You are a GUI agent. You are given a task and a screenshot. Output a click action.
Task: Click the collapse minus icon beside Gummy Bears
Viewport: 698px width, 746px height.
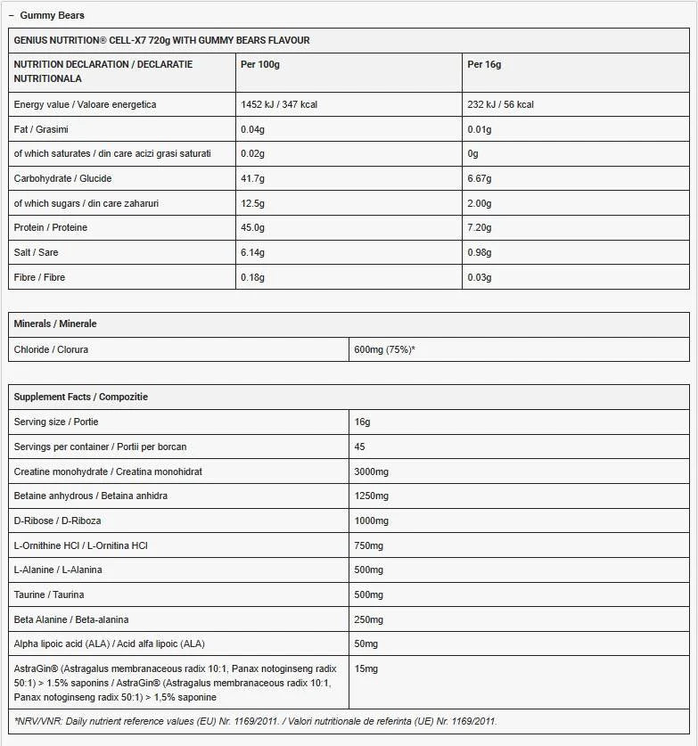coord(11,15)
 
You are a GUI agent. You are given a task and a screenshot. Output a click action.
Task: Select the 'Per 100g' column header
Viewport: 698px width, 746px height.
coord(260,64)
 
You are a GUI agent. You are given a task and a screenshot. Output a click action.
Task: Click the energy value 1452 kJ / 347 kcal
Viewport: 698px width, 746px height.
coord(279,104)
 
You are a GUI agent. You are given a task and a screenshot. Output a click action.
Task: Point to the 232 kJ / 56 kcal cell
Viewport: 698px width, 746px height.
coord(500,104)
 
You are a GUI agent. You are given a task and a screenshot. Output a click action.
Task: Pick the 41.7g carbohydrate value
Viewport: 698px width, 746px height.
coord(253,178)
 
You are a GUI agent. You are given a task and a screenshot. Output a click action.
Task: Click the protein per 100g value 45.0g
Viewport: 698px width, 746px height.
coord(254,227)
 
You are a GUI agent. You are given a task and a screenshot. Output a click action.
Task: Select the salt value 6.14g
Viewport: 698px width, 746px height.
coord(253,252)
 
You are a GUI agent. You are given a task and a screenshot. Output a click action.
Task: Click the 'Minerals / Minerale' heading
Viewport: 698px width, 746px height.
coord(55,324)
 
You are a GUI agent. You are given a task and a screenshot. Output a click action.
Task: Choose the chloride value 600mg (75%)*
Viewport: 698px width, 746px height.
coord(384,349)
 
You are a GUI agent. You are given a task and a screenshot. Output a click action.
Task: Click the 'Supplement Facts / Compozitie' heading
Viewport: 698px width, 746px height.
coord(81,397)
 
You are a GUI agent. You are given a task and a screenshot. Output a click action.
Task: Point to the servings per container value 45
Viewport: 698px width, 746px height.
coord(359,447)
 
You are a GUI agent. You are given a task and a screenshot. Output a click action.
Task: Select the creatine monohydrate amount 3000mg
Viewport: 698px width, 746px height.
coord(371,471)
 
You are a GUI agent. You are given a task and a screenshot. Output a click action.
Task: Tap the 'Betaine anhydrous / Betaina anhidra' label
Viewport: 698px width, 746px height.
coord(91,496)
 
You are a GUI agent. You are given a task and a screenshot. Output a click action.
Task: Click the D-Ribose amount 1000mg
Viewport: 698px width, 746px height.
coord(371,521)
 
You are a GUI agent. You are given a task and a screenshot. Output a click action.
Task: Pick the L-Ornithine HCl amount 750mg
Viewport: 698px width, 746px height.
coord(368,545)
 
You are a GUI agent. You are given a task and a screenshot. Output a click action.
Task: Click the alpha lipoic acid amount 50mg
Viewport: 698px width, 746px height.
coord(365,644)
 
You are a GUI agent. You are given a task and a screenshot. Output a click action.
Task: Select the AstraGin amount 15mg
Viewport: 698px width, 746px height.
coord(365,668)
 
